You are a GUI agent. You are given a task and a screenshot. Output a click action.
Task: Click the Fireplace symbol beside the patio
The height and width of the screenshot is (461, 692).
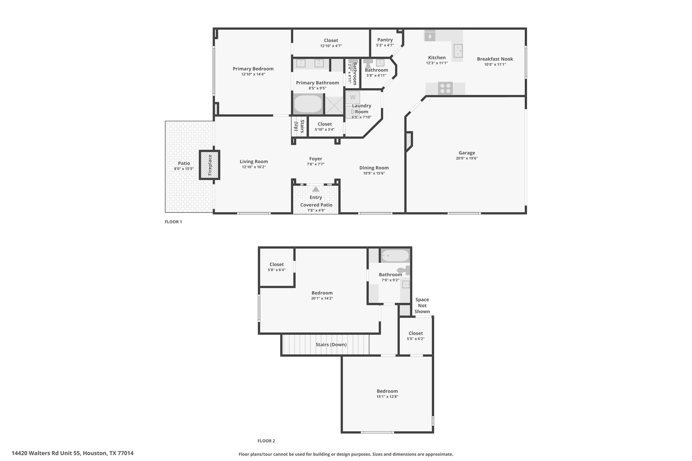(209, 165)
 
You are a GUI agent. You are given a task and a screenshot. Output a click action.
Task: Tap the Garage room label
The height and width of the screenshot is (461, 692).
(467, 153)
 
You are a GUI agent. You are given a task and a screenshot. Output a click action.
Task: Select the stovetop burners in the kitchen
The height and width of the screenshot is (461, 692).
(445, 88)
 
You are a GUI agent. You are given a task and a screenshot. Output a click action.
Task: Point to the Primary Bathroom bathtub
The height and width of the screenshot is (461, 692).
(308, 104)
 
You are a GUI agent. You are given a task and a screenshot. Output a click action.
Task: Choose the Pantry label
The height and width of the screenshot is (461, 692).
(385, 40)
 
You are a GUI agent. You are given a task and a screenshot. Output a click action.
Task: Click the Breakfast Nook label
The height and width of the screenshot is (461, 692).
(495, 59)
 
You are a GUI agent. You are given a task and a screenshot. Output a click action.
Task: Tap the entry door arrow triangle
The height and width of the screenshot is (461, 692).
(316, 189)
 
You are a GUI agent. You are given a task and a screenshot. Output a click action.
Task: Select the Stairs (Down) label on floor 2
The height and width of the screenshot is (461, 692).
(331, 344)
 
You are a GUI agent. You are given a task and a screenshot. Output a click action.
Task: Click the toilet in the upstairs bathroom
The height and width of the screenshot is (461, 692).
(403, 270)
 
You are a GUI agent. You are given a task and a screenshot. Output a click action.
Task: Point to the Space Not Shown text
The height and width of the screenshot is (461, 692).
(422, 305)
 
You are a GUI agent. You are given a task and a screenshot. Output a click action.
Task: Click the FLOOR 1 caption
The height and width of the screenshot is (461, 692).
(173, 222)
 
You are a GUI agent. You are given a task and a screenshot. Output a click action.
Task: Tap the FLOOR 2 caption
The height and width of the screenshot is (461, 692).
(266, 441)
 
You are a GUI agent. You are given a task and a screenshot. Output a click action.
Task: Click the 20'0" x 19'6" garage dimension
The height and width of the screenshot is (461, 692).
(467, 158)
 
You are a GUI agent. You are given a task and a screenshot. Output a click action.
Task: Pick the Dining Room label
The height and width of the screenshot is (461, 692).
(374, 168)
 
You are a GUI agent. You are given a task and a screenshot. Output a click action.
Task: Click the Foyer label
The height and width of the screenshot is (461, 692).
(316, 159)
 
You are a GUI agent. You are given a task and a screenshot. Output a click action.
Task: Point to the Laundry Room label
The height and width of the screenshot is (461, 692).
(362, 109)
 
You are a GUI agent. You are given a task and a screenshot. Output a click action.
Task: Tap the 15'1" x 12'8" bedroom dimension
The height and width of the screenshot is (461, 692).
(387, 397)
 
